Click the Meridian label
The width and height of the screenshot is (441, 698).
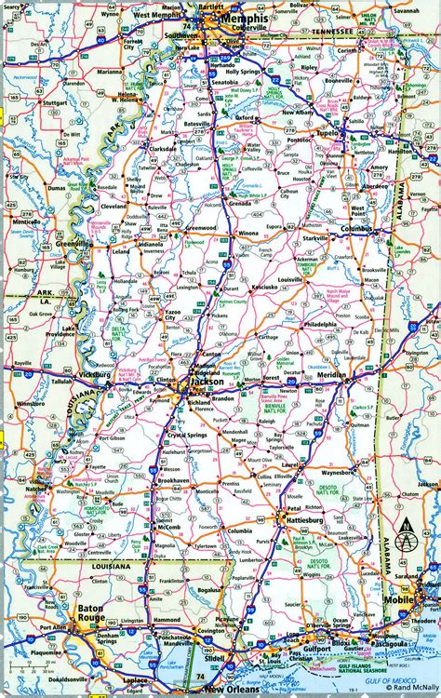click(331, 375)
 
